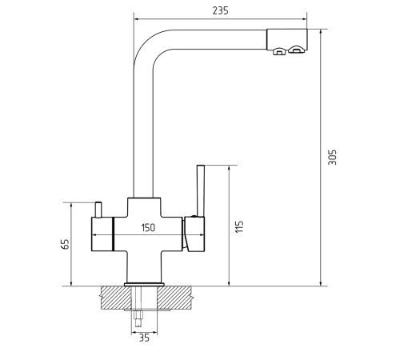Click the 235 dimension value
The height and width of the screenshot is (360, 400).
click(221, 10)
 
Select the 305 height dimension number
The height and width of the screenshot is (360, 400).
click(332, 157)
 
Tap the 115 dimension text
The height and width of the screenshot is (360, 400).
click(239, 226)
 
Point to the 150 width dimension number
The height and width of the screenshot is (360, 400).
click(148, 228)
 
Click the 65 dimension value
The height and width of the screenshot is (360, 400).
click(65, 244)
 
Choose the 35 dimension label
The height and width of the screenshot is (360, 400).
click(144, 338)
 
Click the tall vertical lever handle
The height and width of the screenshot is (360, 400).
click(201, 190)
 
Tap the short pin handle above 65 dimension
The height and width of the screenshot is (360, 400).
click(98, 210)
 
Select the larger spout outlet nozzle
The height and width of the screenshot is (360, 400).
click(296, 50)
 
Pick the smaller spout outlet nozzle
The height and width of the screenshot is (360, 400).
click(279, 51)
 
